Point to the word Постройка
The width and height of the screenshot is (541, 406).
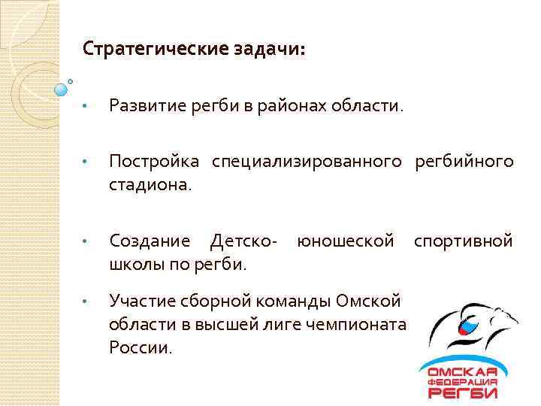154,162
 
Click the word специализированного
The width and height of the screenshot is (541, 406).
309,162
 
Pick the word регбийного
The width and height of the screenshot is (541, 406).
464,162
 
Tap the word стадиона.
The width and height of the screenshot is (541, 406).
150,183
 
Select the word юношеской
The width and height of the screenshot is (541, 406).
345,241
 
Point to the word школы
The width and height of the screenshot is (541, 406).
134,264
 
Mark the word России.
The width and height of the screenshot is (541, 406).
141,347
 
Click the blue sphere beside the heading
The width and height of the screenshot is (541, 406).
61,90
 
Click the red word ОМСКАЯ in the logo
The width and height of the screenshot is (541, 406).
463,371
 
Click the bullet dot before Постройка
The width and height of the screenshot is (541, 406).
86,162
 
